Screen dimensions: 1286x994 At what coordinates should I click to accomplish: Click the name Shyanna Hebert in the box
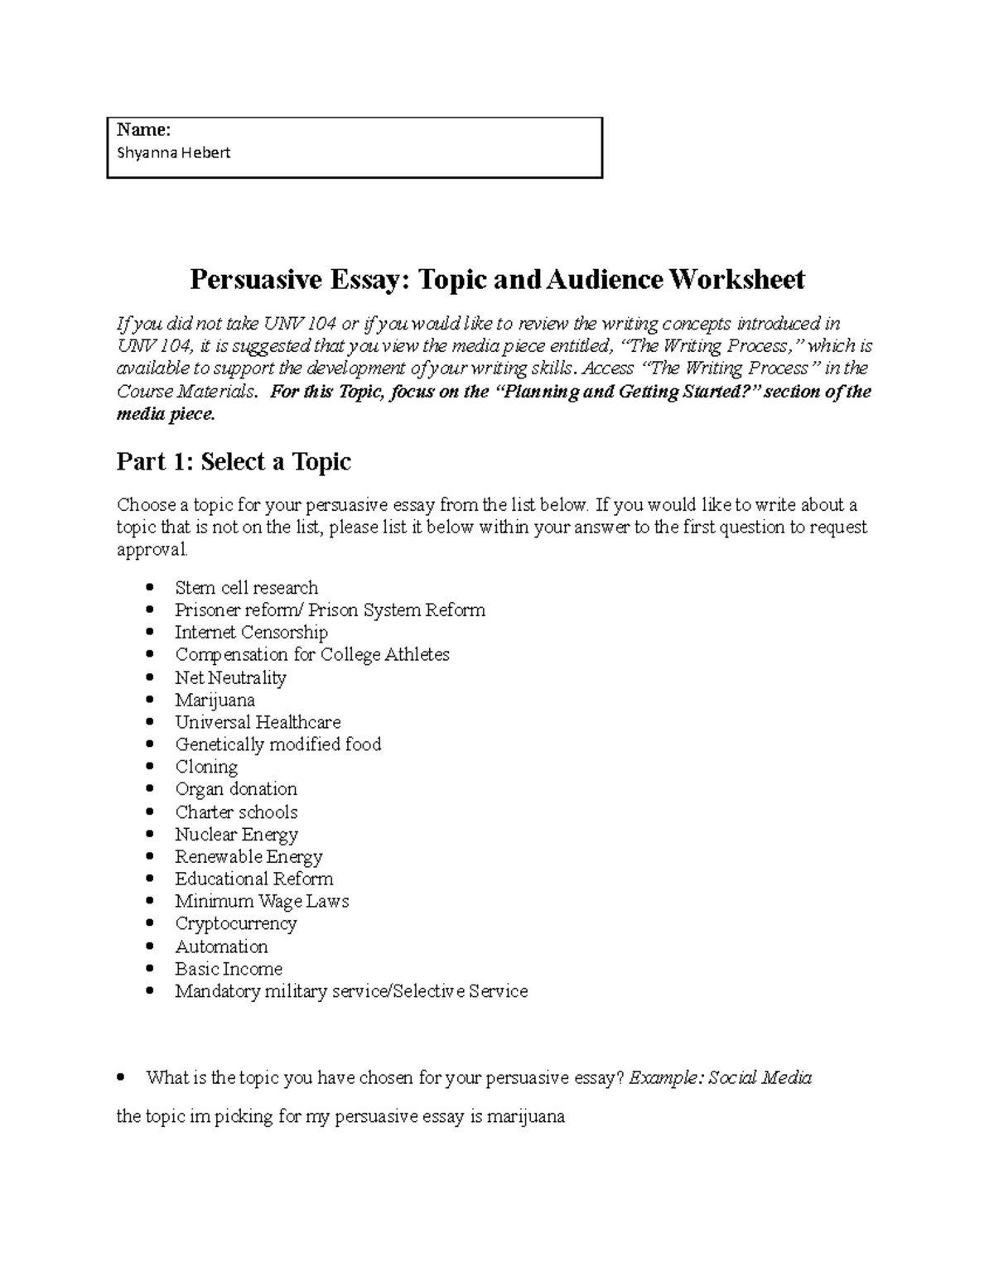(174, 152)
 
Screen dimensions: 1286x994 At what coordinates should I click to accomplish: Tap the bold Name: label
(143, 129)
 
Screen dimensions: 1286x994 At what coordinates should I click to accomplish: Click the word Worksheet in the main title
(736, 280)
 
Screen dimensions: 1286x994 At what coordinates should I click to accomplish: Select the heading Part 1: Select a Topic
(234, 461)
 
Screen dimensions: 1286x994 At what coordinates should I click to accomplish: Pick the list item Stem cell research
(246, 588)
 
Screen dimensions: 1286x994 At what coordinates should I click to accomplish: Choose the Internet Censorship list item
(251, 633)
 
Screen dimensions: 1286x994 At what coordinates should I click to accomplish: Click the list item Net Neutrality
(230, 677)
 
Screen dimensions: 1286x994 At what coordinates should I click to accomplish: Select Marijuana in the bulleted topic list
(215, 700)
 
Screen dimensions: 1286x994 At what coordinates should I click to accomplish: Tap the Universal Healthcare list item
(258, 722)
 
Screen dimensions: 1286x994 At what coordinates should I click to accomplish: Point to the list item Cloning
(206, 767)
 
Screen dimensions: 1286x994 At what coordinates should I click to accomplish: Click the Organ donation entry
(235, 789)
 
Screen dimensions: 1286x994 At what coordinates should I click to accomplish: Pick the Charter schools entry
(236, 812)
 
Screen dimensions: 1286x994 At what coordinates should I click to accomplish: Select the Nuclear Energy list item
(236, 835)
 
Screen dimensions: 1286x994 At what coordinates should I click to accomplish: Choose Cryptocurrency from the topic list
(235, 923)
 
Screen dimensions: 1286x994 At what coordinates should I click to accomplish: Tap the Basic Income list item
(229, 969)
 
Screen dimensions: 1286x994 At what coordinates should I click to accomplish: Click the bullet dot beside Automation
(149, 946)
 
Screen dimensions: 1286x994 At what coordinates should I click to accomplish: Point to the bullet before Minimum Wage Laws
(149, 902)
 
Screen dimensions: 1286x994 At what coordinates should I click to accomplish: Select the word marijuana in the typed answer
(525, 1116)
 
